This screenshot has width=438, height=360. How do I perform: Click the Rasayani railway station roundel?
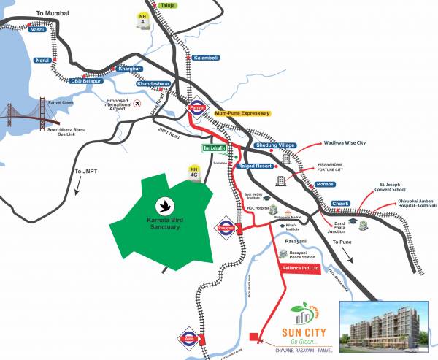pos(224,228)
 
